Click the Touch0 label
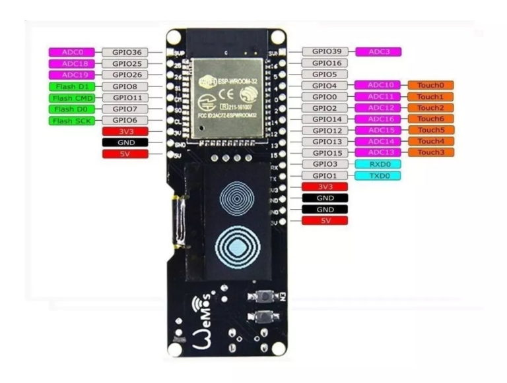click(430, 85)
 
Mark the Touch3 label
click(430, 152)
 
